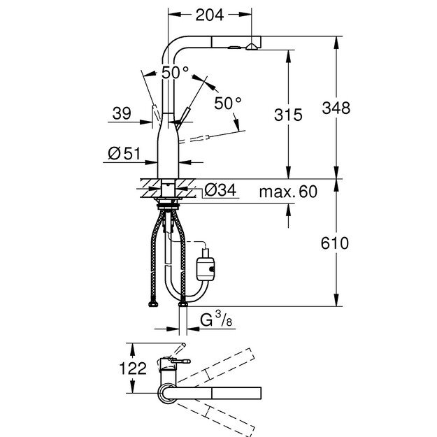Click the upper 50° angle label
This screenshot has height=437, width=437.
coord(175,73)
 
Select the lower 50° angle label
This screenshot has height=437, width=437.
coord(227,102)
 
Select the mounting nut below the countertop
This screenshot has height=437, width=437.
coord(169,205)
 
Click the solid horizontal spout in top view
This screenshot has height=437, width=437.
coord(224,393)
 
